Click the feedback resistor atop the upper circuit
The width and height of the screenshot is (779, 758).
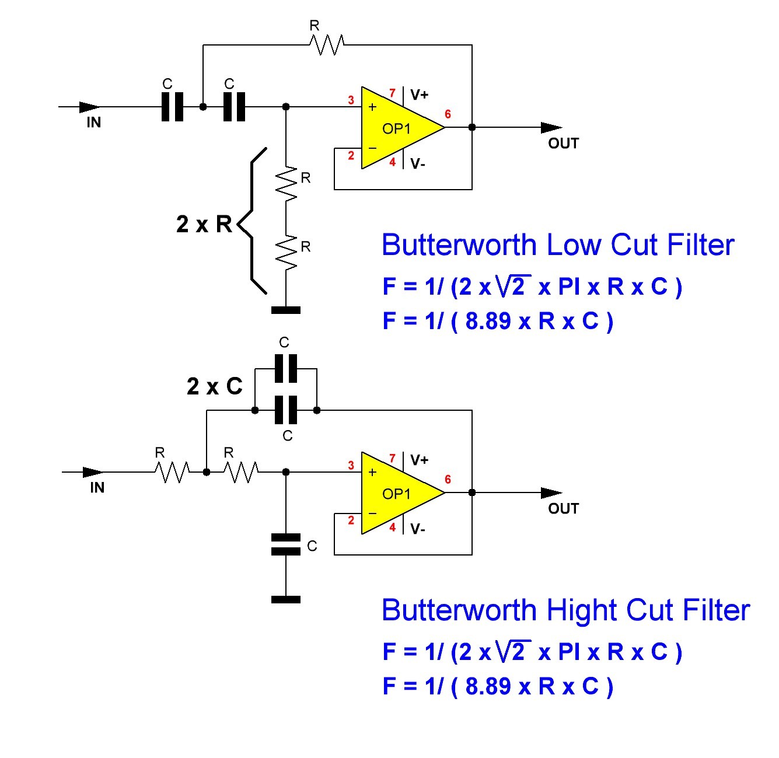pos(327,45)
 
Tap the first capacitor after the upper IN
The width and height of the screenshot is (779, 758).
pos(172,107)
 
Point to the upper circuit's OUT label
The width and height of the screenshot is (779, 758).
pos(563,144)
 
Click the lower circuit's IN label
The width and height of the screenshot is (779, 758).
pos(97,488)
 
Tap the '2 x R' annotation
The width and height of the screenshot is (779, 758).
pos(204,224)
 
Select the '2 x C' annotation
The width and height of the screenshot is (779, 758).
pos(214,386)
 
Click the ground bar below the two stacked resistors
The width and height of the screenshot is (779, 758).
pos(286,310)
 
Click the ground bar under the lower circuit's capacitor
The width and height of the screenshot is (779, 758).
pos(286,599)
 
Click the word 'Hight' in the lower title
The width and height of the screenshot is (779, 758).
pos(581,610)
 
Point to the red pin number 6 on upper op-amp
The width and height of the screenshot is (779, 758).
pos(448,114)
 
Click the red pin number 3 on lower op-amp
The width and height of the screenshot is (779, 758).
pos(351,466)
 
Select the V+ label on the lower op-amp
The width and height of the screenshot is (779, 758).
pos(419,460)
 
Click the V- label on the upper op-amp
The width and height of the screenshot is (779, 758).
pos(417,164)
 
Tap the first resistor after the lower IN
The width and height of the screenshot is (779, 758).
pos(172,472)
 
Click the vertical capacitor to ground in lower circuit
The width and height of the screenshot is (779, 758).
pos(286,544)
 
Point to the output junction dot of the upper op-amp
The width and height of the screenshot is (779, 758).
pos(471,127)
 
